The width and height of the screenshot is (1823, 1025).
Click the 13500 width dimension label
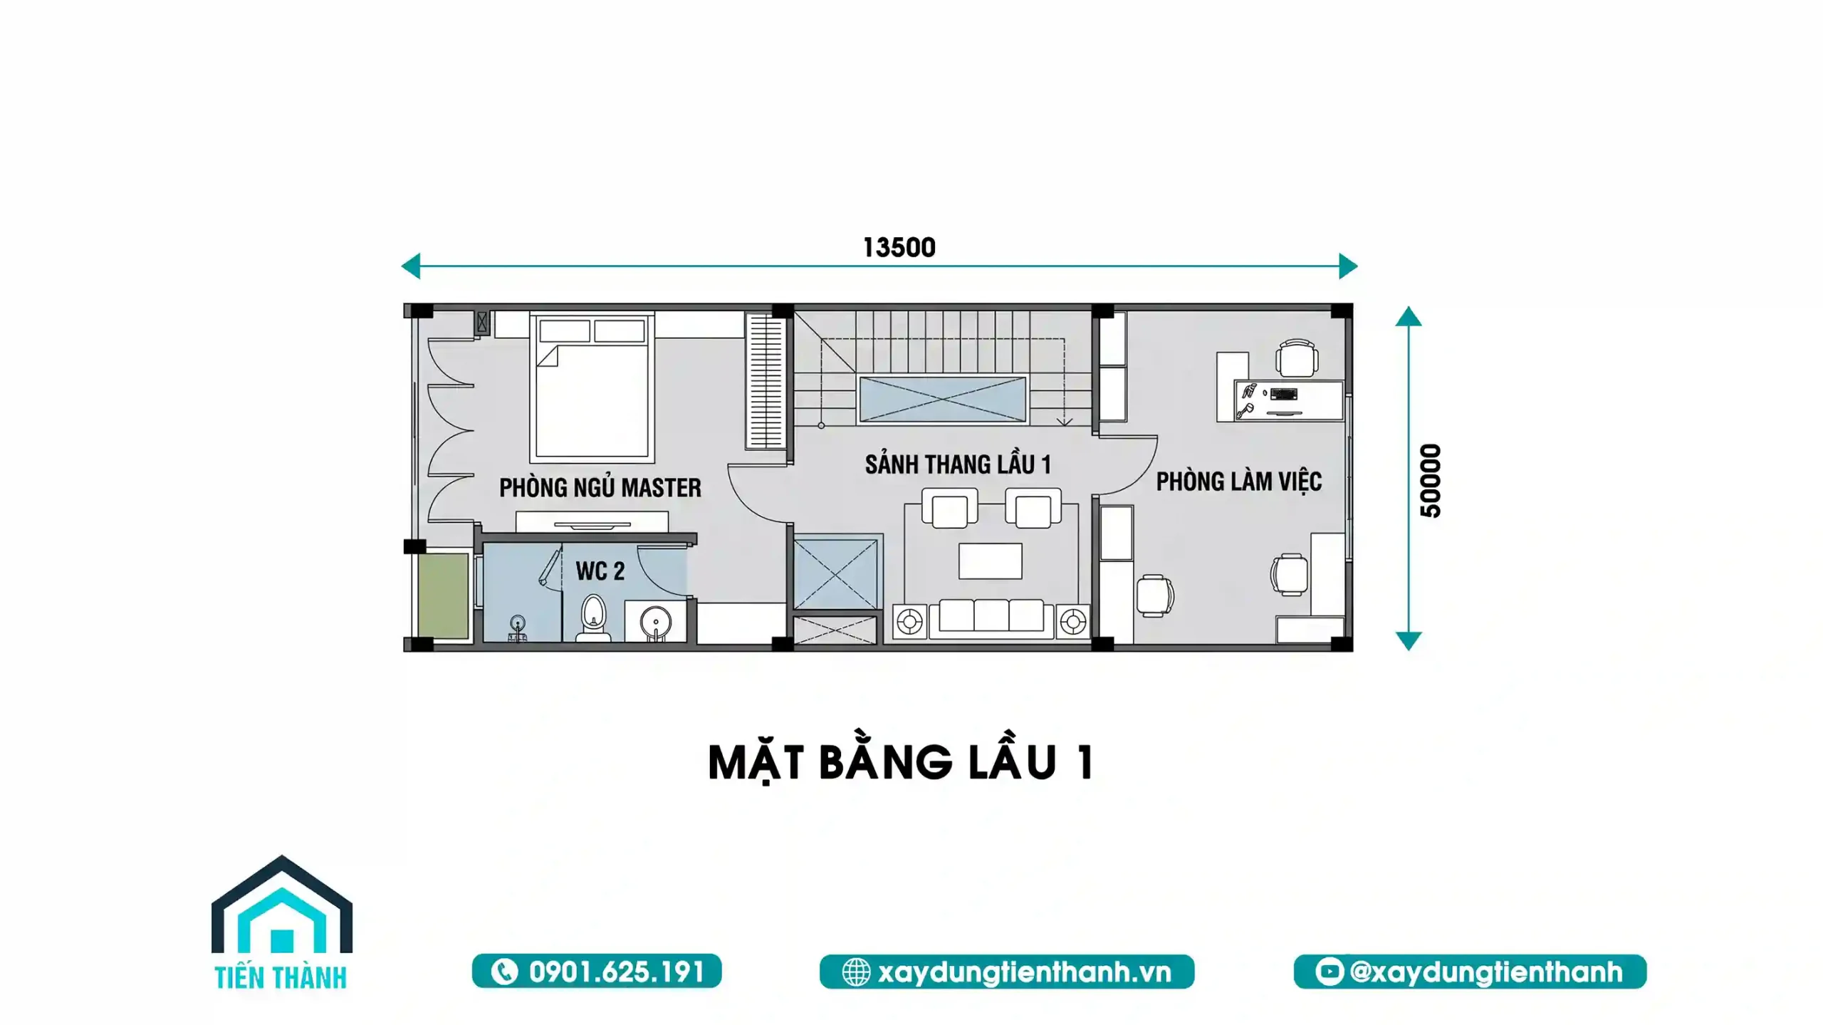(899, 248)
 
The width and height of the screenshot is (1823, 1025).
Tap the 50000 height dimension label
(1430, 481)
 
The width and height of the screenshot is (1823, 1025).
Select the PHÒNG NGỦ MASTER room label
(600, 488)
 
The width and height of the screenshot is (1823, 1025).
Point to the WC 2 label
(600, 571)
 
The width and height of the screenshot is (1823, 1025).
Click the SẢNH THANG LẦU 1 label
(958, 464)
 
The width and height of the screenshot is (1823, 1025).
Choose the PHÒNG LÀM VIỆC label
(1238, 482)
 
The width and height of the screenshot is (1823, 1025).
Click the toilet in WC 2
(593, 618)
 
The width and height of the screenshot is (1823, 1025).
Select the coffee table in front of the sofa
(990, 561)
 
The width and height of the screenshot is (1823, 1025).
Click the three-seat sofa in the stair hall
(991, 617)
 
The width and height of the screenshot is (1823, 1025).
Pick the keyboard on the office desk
(1283, 393)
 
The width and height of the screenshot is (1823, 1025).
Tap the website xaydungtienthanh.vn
(1024, 972)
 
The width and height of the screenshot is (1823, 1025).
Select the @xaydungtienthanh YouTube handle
(1485, 972)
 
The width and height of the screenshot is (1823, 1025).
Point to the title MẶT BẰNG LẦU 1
(901, 762)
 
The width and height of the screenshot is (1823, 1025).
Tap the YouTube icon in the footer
(1329, 972)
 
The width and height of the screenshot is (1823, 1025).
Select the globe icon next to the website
(856, 972)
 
